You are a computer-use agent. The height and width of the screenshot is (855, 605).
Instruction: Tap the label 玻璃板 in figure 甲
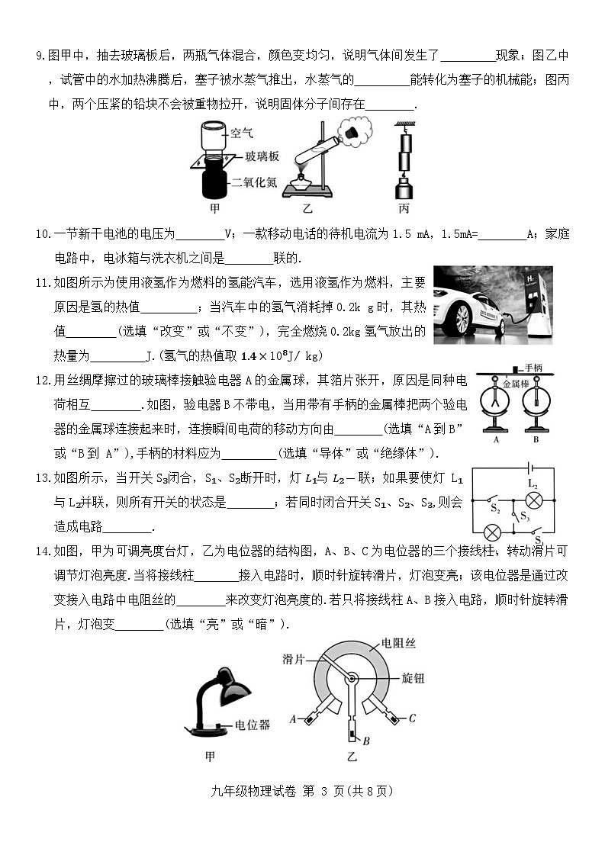click(x=261, y=157)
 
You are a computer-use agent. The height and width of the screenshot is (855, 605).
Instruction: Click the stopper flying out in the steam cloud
click(x=352, y=135)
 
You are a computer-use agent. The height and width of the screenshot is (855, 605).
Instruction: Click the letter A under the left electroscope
click(x=496, y=439)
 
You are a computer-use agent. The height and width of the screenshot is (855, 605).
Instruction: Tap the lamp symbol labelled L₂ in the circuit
click(x=535, y=500)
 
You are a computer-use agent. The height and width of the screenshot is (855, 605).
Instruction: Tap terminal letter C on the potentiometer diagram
click(x=412, y=718)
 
